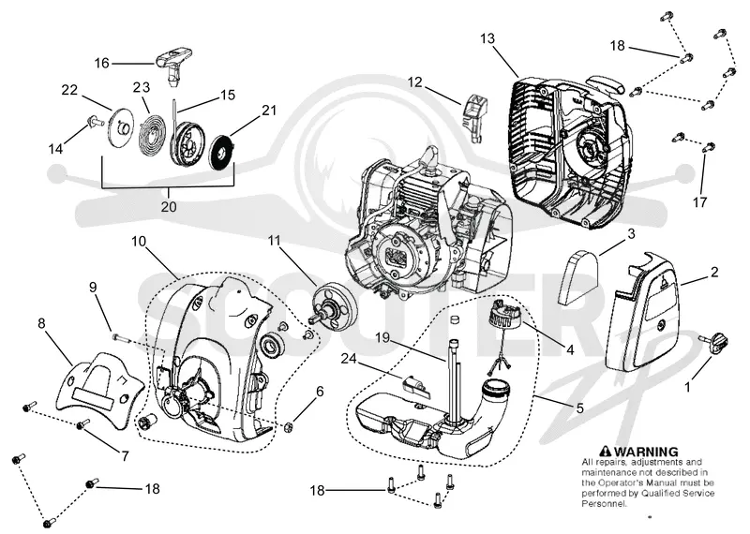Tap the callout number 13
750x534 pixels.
pos(487,38)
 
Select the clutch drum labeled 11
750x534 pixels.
pos(331,306)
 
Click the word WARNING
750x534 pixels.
pos(646,452)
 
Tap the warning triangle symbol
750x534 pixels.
pos(606,452)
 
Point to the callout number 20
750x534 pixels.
pos(169,206)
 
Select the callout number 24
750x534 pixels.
pos(350,358)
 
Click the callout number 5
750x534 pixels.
pos(580,408)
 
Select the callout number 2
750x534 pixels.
pos(714,272)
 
